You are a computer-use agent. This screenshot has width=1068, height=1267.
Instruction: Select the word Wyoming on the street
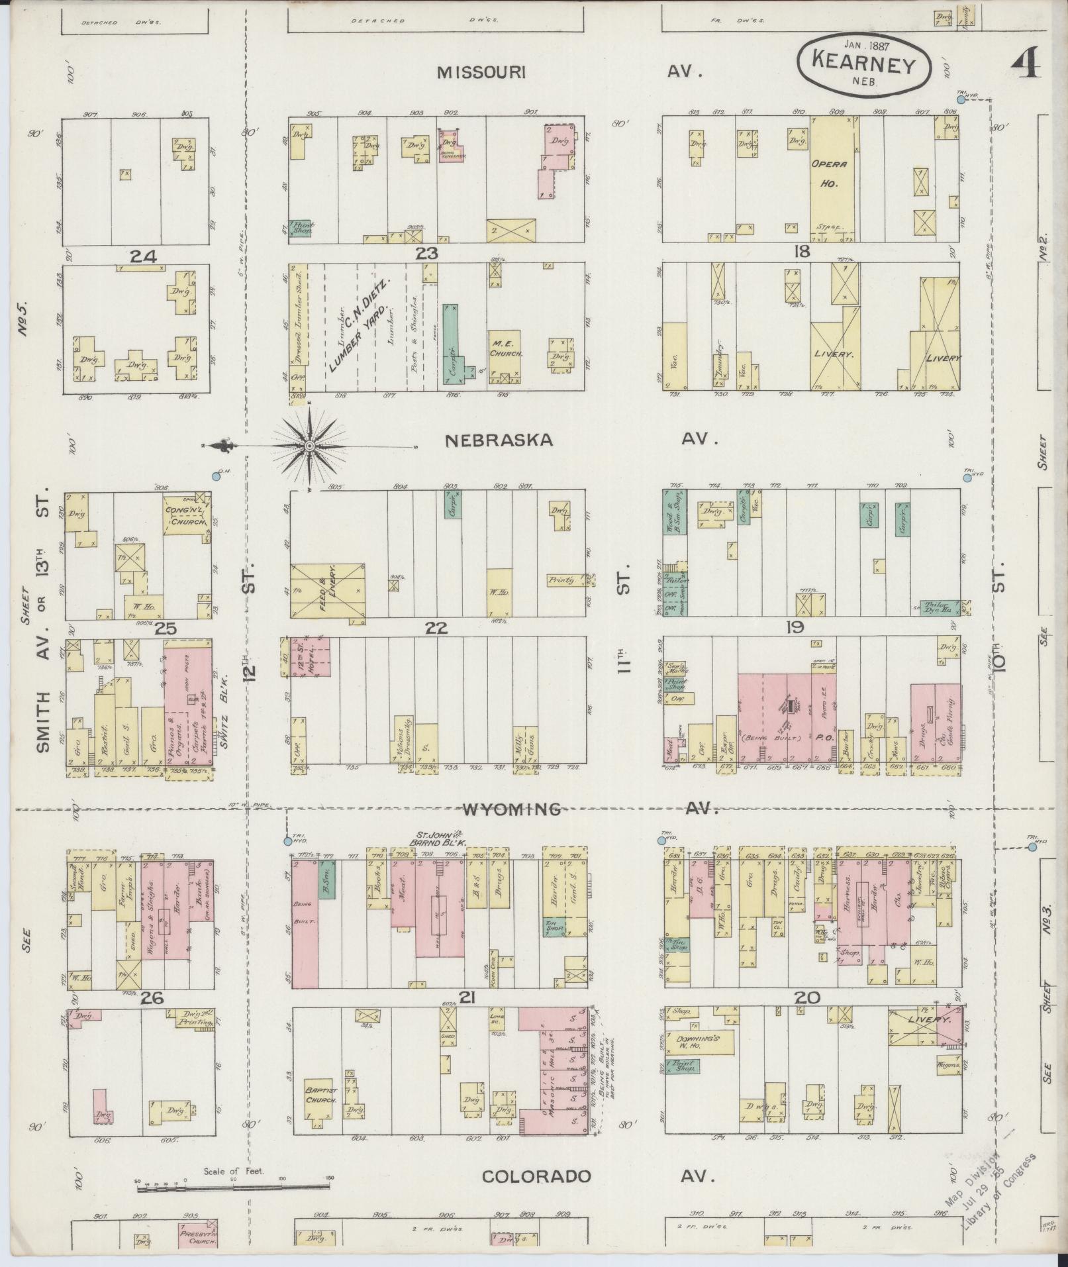click(511, 809)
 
